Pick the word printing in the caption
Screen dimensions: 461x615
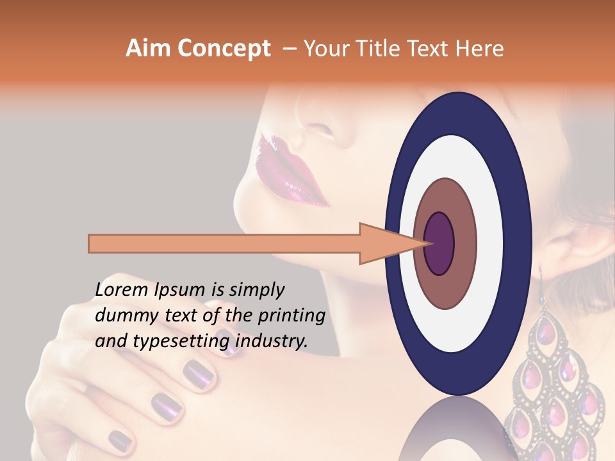[291, 316]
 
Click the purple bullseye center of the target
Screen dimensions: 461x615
[439, 243]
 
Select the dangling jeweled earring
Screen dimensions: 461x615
[554, 384]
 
